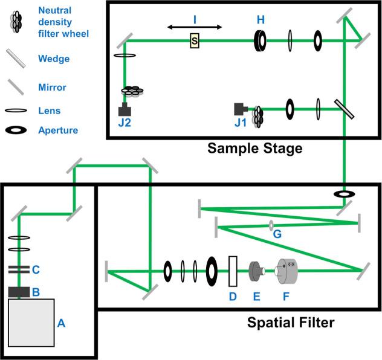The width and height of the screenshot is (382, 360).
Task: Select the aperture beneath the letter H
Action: pos(261,40)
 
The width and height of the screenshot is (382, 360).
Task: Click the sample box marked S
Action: pos(194,41)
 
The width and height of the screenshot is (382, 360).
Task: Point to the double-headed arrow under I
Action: pos(195,27)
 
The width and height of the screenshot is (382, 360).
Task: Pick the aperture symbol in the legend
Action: pos(16,130)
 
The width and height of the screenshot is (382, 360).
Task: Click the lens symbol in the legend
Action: pos(16,111)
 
